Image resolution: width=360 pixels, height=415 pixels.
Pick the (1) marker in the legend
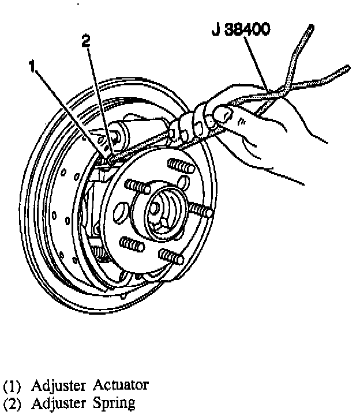click(x=12, y=384)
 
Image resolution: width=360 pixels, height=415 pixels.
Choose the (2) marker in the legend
click(x=12, y=403)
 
